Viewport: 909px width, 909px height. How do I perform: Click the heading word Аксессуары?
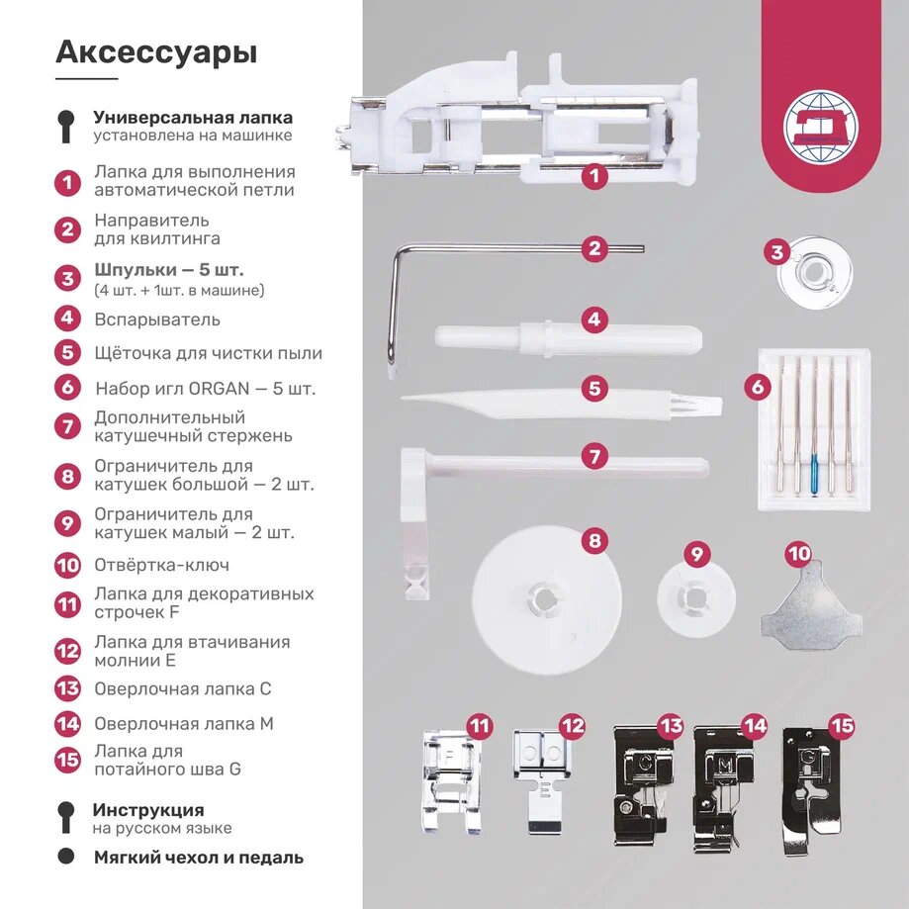[x=156, y=51]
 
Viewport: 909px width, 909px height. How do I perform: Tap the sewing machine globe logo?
[x=820, y=127]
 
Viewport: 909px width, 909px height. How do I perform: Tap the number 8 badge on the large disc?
[x=593, y=541]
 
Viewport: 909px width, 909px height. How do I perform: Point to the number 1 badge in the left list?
[x=67, y=182]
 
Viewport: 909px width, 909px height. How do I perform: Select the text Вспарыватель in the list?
[x=157, y=319]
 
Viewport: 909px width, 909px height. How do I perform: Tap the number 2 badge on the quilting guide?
[x=593, y=248]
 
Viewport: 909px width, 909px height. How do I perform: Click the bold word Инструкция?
[x=148, y=810]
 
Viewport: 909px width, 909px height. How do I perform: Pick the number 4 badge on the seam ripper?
[x=593, y=320]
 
